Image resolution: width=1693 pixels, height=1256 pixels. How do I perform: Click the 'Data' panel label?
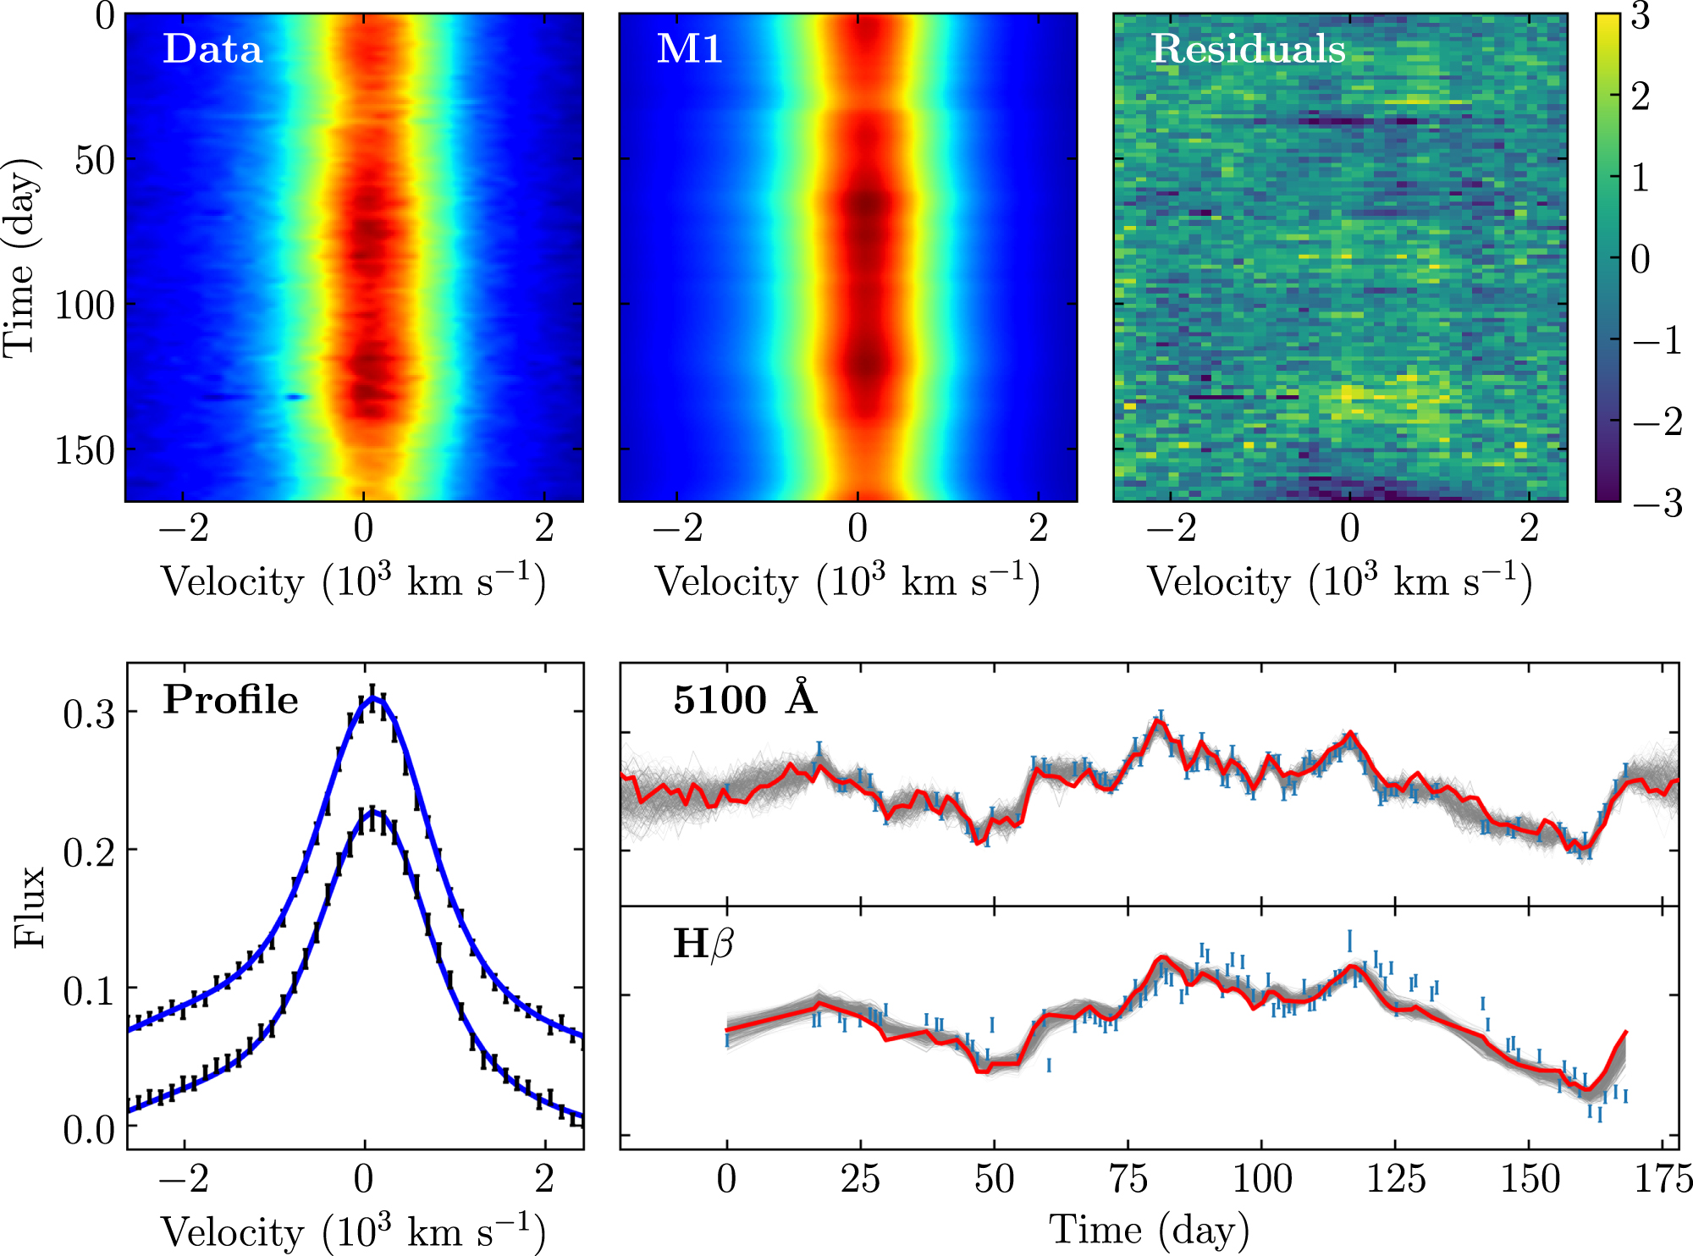click(x=212, y=48)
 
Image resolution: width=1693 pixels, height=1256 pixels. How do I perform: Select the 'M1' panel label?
click(x=689, y=48)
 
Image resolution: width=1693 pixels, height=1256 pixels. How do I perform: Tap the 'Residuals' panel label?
click(x=1248, y=48)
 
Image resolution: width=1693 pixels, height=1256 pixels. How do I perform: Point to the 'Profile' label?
click(x=230, y=700)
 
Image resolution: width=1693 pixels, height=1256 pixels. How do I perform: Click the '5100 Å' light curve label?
click(x=745, y=699)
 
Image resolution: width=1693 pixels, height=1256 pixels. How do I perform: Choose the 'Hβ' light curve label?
click(x=703, y=944)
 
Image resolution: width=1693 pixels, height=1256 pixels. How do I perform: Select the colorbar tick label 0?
click(x=1641, y=259)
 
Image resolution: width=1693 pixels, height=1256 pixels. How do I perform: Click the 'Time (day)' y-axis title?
click(x=20, y=256)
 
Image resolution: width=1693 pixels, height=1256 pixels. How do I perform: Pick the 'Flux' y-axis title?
click(x=30, y=906)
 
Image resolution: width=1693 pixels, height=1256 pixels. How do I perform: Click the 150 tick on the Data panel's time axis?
click(x=85, y=450)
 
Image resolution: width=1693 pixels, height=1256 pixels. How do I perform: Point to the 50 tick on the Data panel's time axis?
click(x=94, y=159)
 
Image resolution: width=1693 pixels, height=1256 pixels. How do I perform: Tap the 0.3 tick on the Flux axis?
click(x=89, y=714)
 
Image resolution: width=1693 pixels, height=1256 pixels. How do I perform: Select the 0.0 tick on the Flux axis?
click(x=89, y=1130)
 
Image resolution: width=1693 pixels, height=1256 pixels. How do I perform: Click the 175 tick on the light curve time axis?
click(x=1663, y=1179)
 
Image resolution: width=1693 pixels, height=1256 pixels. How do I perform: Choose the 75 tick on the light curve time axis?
click(x=1128, y=1179)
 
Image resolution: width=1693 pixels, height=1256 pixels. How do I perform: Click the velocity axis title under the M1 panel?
click(x=847, y=581)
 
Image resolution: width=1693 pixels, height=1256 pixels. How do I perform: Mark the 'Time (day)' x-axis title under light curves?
click(x=1149, y=1229)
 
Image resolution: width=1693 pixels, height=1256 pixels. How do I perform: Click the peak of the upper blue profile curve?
click(x=373, y=698)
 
